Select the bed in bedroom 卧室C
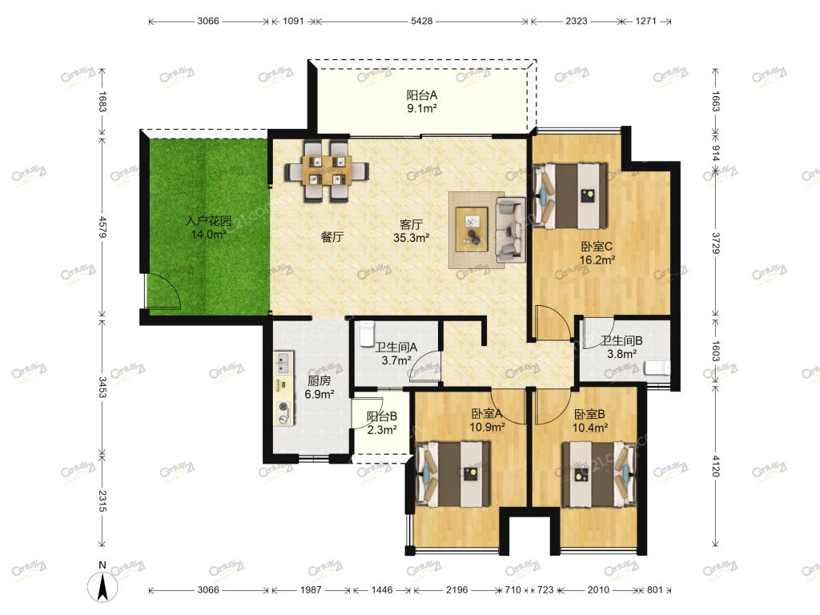coord(570,196)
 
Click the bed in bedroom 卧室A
coord(453,474)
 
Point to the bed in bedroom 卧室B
coord(599,474)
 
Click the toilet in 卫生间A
coord(367,334)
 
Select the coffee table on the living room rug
coord(472,229)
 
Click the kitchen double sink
coord(283,363)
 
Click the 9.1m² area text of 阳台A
coord(421,108)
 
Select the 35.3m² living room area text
coord(411,238)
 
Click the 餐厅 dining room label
coord(332,237)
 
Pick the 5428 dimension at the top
coord(421,21)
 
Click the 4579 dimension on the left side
coord(102,227)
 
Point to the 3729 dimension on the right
coord(715,243)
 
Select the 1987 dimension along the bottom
coord(311,590)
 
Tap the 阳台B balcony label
coord(382,416)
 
